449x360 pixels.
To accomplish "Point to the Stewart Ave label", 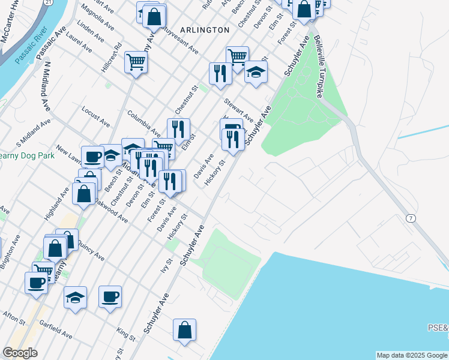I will pos(238,109).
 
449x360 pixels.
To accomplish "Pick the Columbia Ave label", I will pos(143,125).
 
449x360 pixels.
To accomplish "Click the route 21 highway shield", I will pos(48,3).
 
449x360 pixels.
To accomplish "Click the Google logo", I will pos(20,353).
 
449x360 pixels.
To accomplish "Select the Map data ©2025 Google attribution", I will pos(411,355).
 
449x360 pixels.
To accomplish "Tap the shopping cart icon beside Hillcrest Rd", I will pos(136,61).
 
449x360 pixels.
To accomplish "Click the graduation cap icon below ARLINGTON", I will pos(256,73).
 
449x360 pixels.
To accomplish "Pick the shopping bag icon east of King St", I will pos(184,330).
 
